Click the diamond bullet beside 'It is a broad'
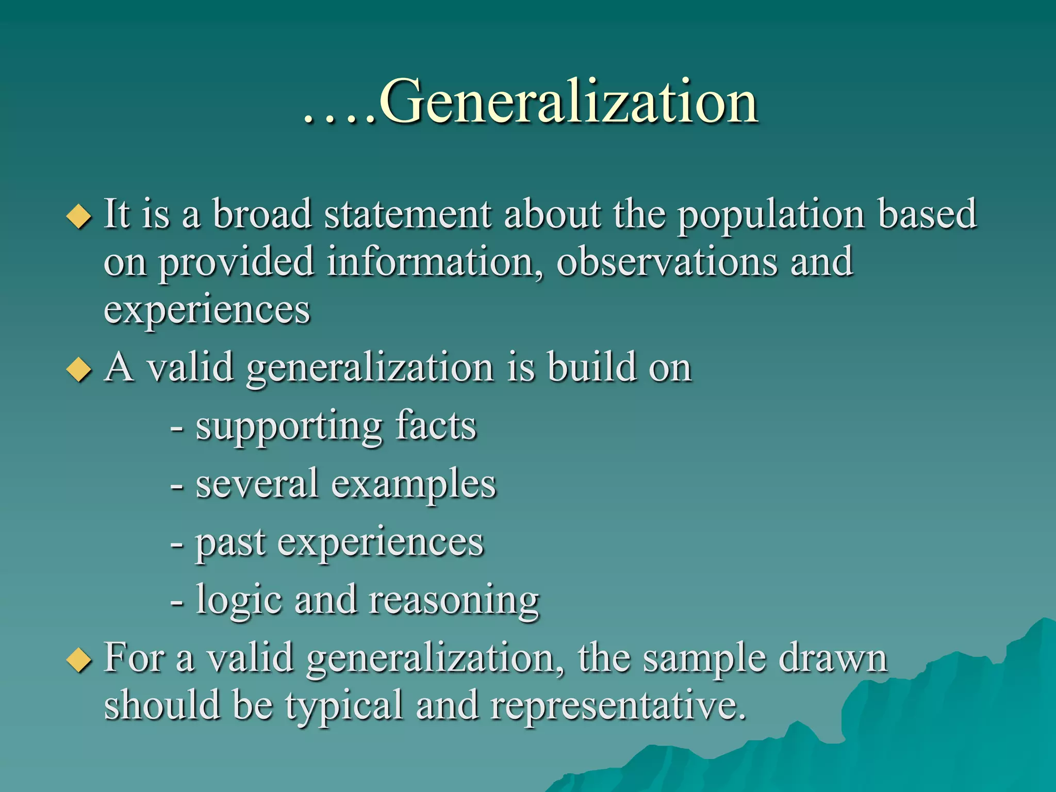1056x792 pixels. (79, 216)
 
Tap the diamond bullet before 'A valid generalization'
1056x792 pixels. (79, 369)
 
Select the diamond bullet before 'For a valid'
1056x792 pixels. (79, 660)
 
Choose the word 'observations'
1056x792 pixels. (667, 262)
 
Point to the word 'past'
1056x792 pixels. (230, 543)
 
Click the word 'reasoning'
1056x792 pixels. (454, 601)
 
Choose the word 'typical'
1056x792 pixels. (344, 706)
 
